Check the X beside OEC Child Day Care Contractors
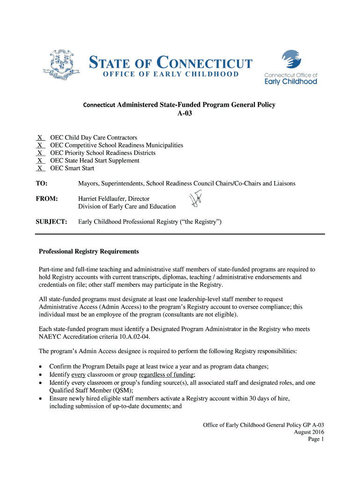tap(40, 138)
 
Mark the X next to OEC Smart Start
tap(40, 168)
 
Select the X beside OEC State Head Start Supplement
tap(40, 160)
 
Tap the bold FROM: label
tap(47, 199)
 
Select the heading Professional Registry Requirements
tap(89, 252)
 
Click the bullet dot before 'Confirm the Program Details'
tap(41, 367)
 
